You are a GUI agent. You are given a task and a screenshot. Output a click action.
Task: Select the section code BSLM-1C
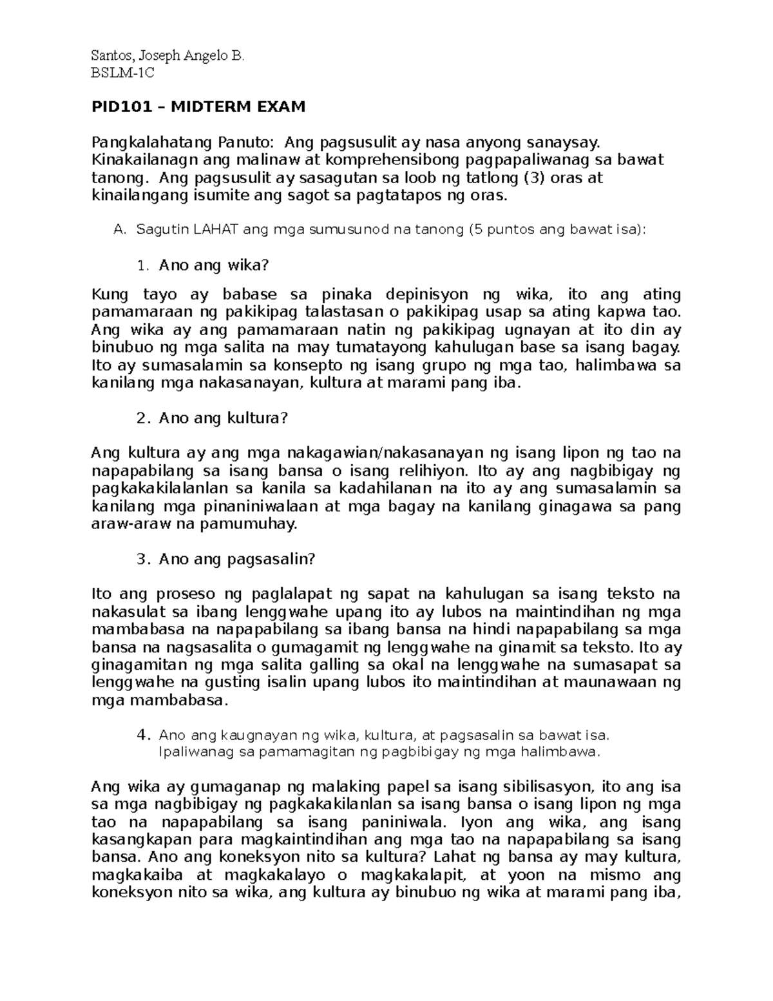[123, 73]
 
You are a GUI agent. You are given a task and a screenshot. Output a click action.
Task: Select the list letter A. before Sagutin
[119, 230]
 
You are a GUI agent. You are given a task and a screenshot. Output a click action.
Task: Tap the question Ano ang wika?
[213, 266]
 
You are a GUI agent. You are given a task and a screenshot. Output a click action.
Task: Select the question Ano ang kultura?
[222, 418]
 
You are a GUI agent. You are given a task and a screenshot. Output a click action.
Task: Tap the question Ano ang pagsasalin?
[236, 559]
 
